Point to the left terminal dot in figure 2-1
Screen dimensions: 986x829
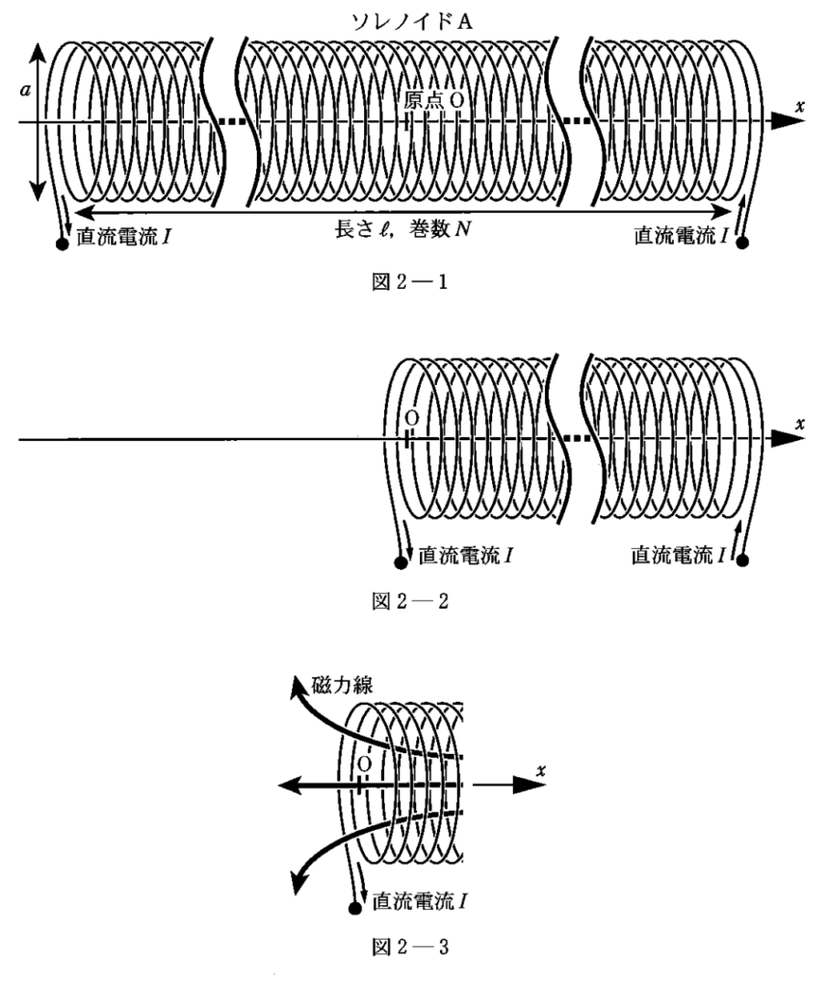(x=63, y=244)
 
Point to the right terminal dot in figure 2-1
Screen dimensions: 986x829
(x=743, y=244)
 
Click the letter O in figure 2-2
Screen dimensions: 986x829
(x=411, y=420)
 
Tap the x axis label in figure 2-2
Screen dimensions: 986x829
(x=800, y=423)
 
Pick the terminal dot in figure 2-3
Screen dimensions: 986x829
(x=356, y=907)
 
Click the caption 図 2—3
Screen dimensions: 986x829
(x=414, y=947)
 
